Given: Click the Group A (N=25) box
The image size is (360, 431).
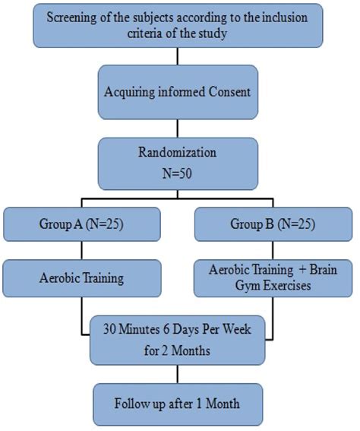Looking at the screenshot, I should pyautogui.click(x=81, y=225).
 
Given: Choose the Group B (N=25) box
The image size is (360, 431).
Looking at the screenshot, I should pyautogui.click(x=273, y=225).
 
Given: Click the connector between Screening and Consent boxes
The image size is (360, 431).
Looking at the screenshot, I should pyautogui.click(x=178, y=57).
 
